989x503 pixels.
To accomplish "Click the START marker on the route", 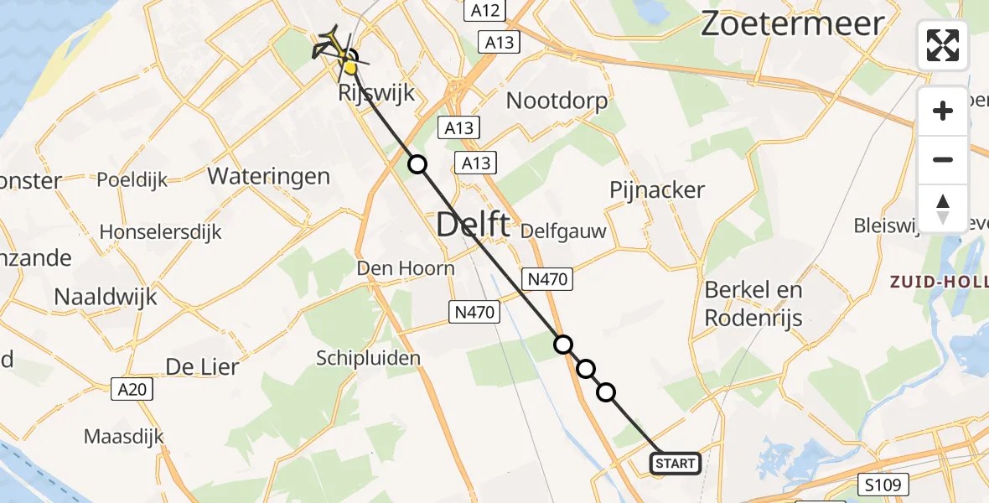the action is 676,463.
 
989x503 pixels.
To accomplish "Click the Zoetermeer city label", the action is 792,23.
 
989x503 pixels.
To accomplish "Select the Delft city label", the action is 474,225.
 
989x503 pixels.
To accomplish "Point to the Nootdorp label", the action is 557,101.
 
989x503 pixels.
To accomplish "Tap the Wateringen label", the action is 268,177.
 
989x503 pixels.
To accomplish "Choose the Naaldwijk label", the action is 106,296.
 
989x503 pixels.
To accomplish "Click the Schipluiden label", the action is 368,358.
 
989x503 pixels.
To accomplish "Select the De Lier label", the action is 202,366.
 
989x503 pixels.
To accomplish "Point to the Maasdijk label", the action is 124,436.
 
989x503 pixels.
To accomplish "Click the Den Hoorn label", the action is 406,268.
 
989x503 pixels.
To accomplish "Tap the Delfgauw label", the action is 563,231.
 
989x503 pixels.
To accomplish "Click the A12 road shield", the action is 485,11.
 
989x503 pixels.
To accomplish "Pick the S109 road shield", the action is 886,484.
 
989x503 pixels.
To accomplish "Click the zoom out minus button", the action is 943,160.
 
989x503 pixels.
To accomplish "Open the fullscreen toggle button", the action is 943,44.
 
